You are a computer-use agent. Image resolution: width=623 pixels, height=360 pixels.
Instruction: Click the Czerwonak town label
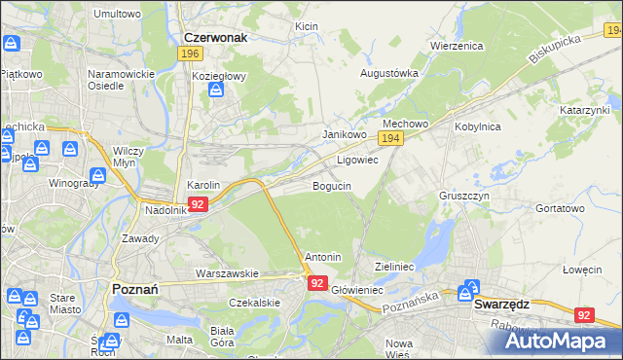pos(215,36)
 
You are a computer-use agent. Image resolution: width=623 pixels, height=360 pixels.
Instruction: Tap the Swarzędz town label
pos(501,304)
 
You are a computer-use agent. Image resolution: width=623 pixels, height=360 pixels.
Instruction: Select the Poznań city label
pos(128,289)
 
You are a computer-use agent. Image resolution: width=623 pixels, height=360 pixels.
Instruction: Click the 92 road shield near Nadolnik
pos(198,204)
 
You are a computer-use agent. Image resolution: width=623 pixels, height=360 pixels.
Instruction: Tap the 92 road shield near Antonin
pos(317,282)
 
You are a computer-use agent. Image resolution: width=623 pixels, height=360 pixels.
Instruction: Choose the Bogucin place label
pos(331,186)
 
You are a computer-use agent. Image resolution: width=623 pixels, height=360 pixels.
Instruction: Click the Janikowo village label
pos(344,134)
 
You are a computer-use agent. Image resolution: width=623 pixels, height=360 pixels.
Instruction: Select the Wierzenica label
pos(457,46)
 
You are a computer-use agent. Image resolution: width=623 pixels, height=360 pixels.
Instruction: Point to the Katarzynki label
pos(583,111)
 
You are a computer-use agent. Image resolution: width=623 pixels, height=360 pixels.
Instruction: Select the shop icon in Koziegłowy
pos(216,90)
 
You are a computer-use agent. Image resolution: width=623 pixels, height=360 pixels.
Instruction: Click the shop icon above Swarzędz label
pos(471,287)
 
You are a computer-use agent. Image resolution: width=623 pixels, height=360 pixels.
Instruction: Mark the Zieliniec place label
pos(395,266)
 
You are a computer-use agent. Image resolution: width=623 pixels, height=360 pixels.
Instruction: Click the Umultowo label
pos(117,15)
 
